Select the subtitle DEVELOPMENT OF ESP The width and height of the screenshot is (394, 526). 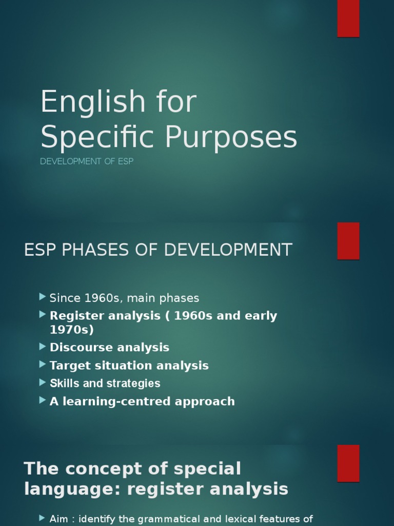tap(87, 161)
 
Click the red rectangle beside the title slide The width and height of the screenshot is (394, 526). tap(348, 18)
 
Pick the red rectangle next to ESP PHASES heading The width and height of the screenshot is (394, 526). tap(348, 241)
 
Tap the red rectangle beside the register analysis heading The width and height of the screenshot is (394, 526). tap(348, 463)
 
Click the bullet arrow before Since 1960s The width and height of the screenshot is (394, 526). tap(42, 297)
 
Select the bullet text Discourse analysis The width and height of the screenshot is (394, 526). tap(109, 347)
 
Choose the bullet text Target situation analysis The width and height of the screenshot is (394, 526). tap(129, 365)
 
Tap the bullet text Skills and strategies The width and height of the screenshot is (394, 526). tap(105, 383)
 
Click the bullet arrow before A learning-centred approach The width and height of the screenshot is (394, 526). tap(42, 400)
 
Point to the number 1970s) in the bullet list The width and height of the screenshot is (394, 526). tap(72, 329)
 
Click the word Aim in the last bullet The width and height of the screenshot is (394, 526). tap(60, 519)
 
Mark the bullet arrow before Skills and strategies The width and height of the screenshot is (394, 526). tap(42, 383)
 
